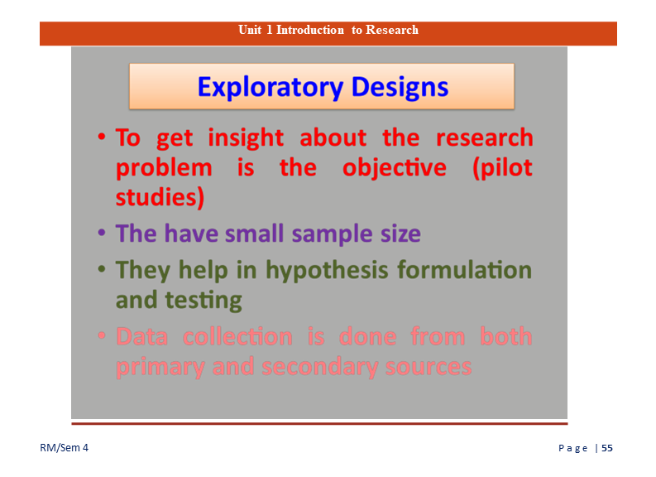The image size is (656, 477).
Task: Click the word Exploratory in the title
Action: pos(271,88)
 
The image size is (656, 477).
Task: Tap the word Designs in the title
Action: pos(400,88)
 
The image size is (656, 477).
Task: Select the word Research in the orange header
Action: pos(392,30)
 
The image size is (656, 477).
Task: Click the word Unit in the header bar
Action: pos(250,30)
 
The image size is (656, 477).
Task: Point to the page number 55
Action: pos(607,448)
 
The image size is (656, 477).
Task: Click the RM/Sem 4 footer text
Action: pos(64,448)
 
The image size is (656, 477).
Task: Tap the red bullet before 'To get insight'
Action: pos(102,137)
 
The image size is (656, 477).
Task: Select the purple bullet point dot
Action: pos(102,232)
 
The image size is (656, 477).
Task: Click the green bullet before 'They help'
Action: pos(102,269)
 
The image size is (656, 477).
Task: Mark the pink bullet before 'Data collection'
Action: pos(102,335)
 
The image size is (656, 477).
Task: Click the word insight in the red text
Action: pos(246,138)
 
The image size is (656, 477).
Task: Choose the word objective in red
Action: pos(395,168)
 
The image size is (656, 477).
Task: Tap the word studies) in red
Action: pos(160,198)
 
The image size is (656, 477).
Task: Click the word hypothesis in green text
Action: pos(327,271)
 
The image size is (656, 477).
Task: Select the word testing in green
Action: pos(204,301)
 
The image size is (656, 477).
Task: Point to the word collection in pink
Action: pos(237,337)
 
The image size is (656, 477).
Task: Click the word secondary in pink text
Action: pos(319,368)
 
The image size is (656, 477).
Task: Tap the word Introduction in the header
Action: pos(310,30)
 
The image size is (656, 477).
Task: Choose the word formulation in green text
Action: pos(464,270)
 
